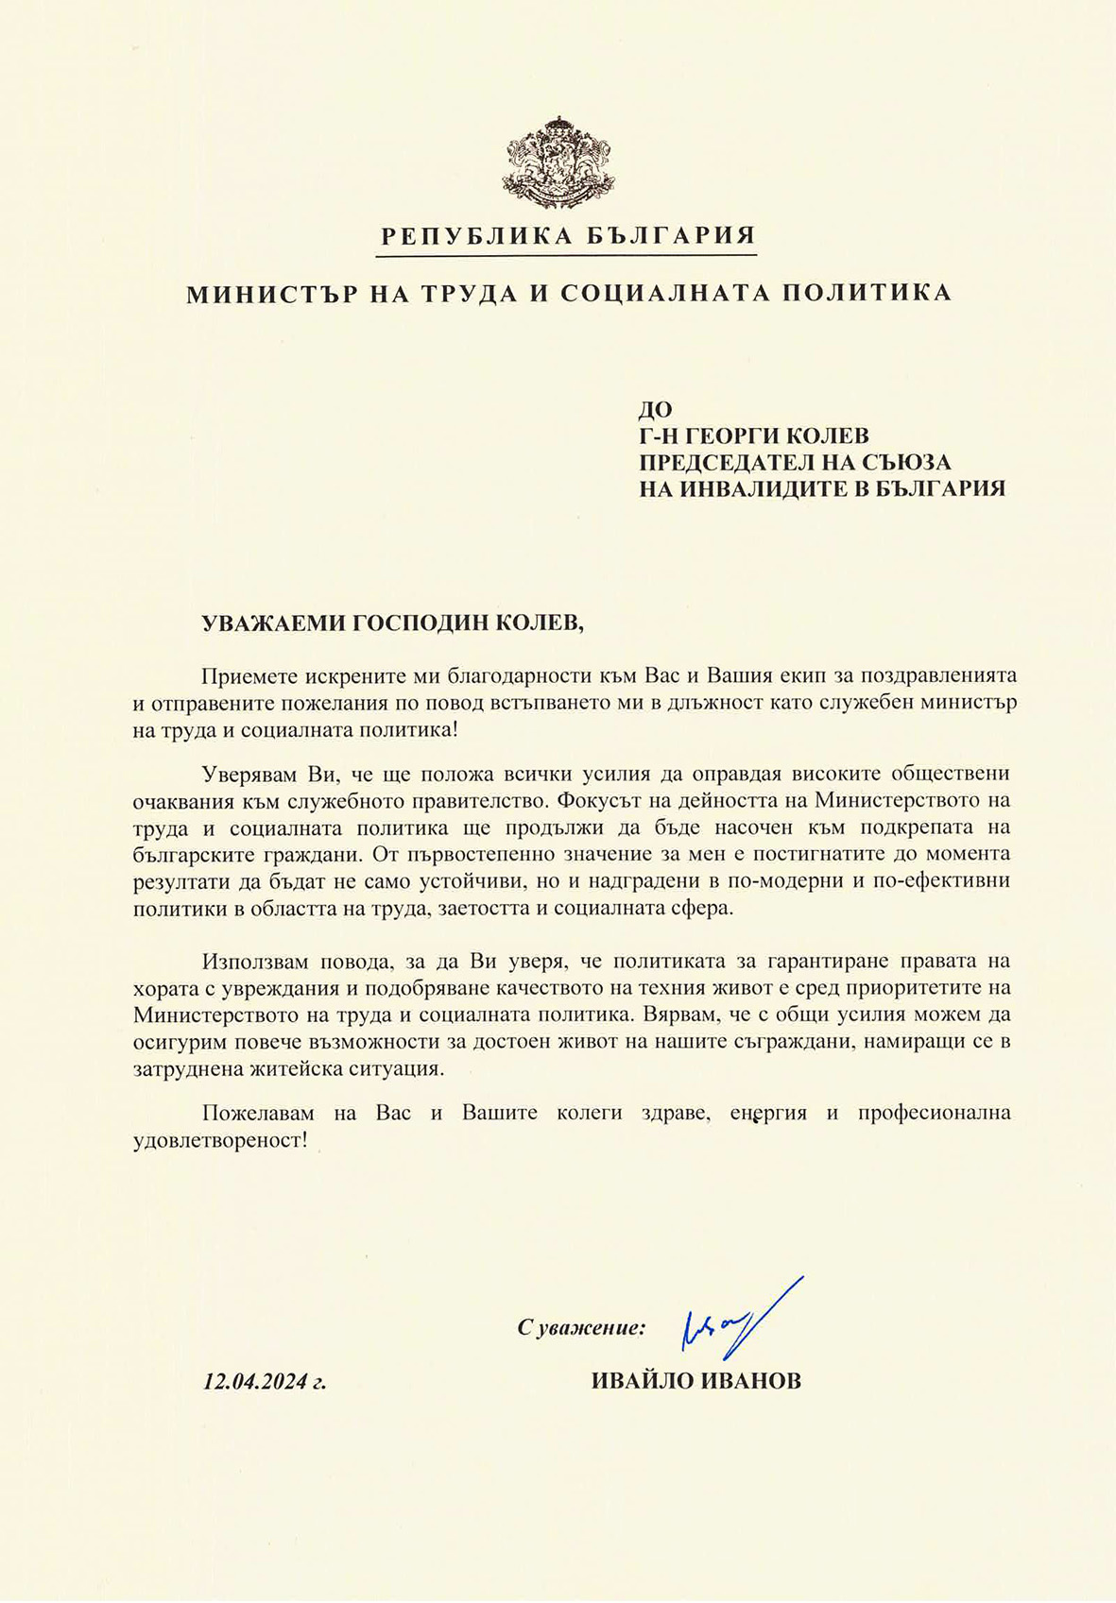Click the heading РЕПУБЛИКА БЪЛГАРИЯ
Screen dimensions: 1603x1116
point(568,236)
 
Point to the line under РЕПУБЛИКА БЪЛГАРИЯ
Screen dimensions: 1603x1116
point(568,255)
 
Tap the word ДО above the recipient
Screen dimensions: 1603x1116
point(655,409)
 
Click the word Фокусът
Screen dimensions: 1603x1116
point(598,800)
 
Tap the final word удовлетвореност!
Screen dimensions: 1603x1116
point(220,1140)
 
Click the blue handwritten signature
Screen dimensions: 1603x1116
point(737,1322)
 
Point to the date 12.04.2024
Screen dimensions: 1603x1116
point(256,1382)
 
